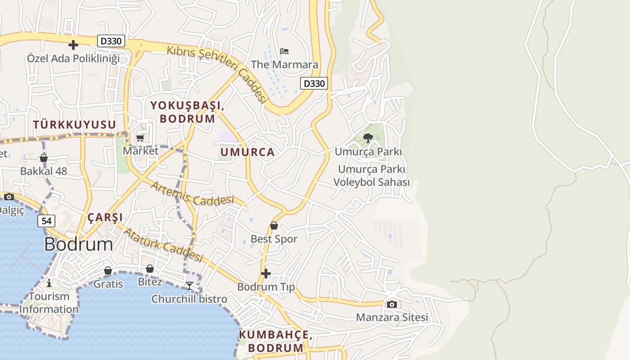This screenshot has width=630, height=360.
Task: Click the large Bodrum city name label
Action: pos(79,244)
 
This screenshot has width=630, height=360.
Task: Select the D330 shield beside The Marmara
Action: pos(314,83)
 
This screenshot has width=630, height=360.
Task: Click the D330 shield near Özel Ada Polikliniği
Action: pos(111,41)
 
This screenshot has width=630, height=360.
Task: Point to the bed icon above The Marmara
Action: pos(284,51)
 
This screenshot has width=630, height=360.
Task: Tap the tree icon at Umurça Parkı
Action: pos(368,138)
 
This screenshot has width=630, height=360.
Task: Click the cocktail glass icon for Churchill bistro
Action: pos(189,285)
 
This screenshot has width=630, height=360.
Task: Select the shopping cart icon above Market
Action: pos(140,138)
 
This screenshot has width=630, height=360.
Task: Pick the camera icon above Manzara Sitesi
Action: pos(391,304)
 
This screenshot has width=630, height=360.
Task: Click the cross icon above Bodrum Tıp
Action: pos(266,273)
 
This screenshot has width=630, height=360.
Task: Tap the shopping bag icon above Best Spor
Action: pos(274,225)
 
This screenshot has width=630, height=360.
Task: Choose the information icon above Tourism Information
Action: pos(49,283)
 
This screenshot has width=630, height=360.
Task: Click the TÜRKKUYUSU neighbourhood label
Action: pos(74,124)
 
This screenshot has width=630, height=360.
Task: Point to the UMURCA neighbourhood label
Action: pos(247,152)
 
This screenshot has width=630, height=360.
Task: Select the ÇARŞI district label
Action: pos(105,217)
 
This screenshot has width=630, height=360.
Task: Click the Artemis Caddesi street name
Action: pos(193,193)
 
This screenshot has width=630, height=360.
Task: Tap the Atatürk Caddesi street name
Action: pos(164,245)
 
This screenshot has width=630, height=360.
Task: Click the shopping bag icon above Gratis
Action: pos(108,270)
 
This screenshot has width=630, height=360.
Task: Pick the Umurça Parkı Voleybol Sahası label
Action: pos(371,176)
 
